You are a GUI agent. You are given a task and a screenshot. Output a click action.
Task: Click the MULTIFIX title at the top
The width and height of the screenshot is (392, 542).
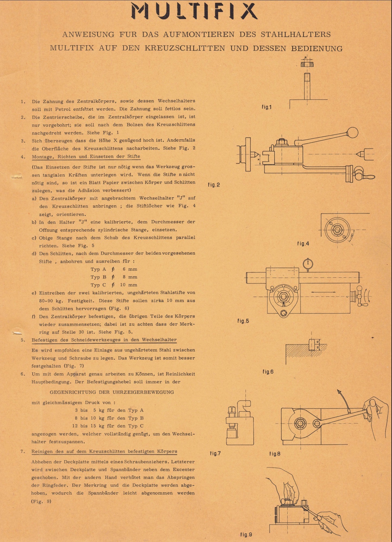click(x=194, y=12)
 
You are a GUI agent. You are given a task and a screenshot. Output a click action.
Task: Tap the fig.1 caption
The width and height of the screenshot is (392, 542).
click(x=266, y=107)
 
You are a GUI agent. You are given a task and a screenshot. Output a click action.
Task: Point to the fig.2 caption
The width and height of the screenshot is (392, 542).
click(x=214, y=185)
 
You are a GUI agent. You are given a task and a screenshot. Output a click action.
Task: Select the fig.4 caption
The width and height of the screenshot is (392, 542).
click(x=303, y=243)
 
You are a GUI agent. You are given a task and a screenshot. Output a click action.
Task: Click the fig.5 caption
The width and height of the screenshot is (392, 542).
click(x=243, y=321)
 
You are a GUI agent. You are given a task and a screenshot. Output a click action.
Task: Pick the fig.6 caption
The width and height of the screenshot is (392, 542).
click(x=268, y=372)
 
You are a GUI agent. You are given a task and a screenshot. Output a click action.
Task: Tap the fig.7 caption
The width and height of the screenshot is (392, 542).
click(x=215, y=453)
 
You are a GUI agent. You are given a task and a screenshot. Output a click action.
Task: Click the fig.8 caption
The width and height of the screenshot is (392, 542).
click(x=275, y=454)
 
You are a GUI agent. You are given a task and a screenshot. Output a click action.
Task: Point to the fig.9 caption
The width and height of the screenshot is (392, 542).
click(x=246, y=535)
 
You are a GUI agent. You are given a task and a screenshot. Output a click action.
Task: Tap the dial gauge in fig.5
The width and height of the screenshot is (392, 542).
click(x=308, y=264)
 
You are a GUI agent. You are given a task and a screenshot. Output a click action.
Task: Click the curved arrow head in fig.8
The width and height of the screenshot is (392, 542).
click(x=339, y=392)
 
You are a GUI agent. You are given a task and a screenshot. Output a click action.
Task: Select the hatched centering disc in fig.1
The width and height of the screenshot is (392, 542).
click(x=307, y=64)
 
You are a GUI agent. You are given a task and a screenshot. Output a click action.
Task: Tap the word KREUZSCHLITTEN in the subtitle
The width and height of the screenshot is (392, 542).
click(x=185, y=48)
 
